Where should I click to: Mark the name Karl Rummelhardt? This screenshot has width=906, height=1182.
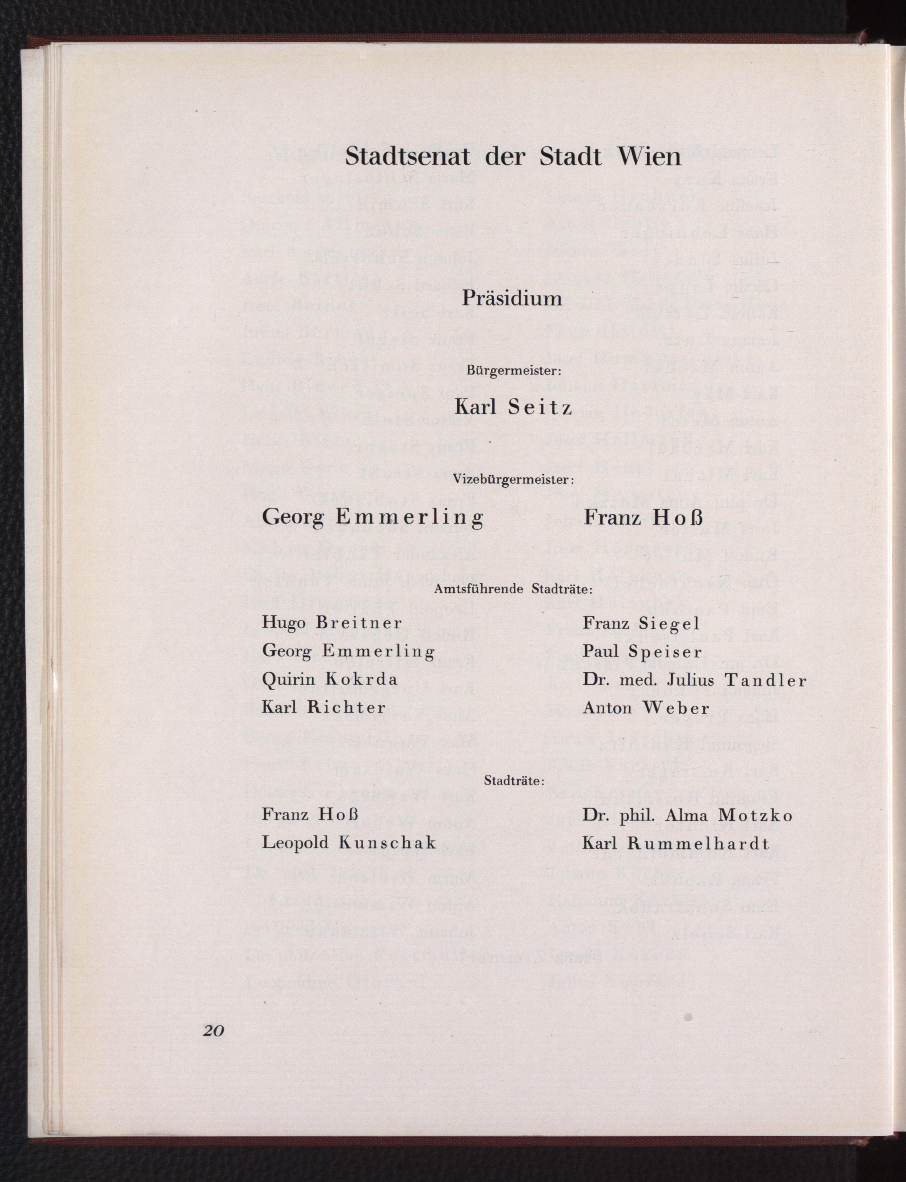click(x=675, y=843)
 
